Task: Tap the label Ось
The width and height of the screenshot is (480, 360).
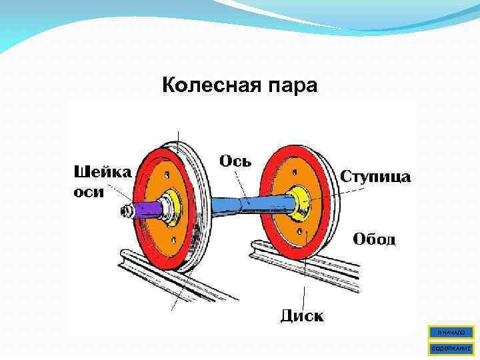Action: pos(235,161)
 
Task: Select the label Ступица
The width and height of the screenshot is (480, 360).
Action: pos(376,177)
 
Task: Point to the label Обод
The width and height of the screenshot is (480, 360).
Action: pos(374,239)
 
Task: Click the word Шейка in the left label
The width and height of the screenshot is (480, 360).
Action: pos(101,171)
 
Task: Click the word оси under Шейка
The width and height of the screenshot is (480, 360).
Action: pos(88,191)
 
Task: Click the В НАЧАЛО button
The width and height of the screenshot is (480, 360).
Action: pos(451,332)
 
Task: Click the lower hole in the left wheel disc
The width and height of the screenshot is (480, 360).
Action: pos(173,238)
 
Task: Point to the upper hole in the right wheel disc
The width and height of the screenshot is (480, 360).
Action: pos(293,171)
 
